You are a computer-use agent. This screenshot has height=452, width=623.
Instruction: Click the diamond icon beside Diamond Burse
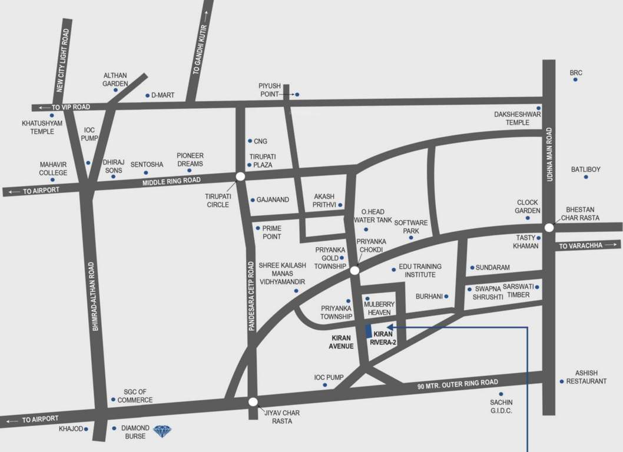(164, 432)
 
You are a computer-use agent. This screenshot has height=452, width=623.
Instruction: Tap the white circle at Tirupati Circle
(240, 176)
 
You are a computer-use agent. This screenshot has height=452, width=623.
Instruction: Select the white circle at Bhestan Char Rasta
(549, 228)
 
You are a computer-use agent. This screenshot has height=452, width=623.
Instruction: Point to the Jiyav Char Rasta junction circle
(253, 402)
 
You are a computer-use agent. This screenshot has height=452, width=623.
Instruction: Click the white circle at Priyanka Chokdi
(354, 271)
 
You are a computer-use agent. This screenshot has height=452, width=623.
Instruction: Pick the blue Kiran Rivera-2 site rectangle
(369, 331)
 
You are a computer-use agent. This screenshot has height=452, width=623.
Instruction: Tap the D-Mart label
(163, 95)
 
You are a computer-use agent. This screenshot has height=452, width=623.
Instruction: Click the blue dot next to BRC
(575, 79)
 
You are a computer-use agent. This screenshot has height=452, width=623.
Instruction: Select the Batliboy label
(585, 169)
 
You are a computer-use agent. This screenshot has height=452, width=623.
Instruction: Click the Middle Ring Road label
(171, 181)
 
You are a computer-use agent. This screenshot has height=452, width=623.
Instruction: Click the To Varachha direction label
(581, 246)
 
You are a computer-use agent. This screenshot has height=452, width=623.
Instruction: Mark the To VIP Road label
(71, 107)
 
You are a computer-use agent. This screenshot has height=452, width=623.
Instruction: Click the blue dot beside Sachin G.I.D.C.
(501, 394)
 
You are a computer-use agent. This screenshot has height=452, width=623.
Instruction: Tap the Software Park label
(410, 227)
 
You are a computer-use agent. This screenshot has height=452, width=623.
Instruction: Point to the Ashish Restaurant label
(586, 377)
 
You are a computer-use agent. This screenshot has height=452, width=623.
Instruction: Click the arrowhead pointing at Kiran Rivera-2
(389, 327)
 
